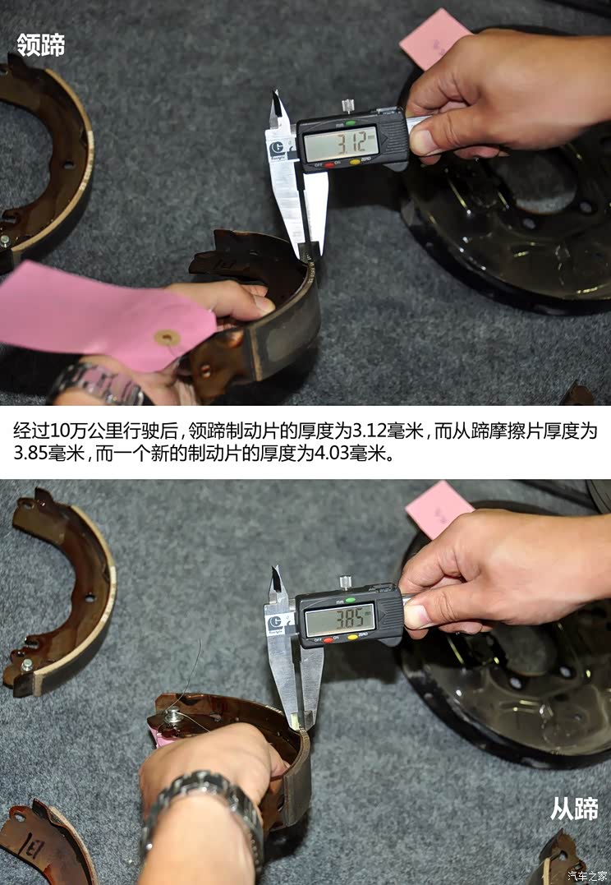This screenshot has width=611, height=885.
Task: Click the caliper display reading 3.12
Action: point(340,145)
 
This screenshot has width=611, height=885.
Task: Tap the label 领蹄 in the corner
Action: point(40,45)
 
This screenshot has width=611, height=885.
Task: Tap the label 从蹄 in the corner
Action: point(574,809)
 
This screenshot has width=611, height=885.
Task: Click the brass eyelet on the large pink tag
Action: point(168,337)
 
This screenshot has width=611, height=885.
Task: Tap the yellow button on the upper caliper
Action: point(355,163)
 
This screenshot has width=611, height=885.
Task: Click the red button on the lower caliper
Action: point(328,639)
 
